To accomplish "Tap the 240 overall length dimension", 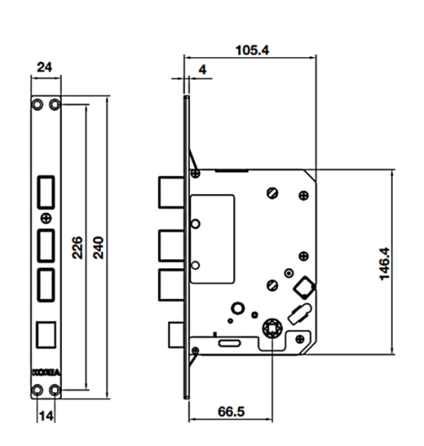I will pos(98,245).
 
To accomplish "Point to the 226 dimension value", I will pos(75,245).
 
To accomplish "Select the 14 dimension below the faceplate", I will pos(46,417).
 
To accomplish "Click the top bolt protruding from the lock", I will pos(168,193).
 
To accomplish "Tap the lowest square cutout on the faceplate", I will pos(46,334).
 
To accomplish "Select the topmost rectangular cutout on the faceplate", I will pos(46,191).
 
